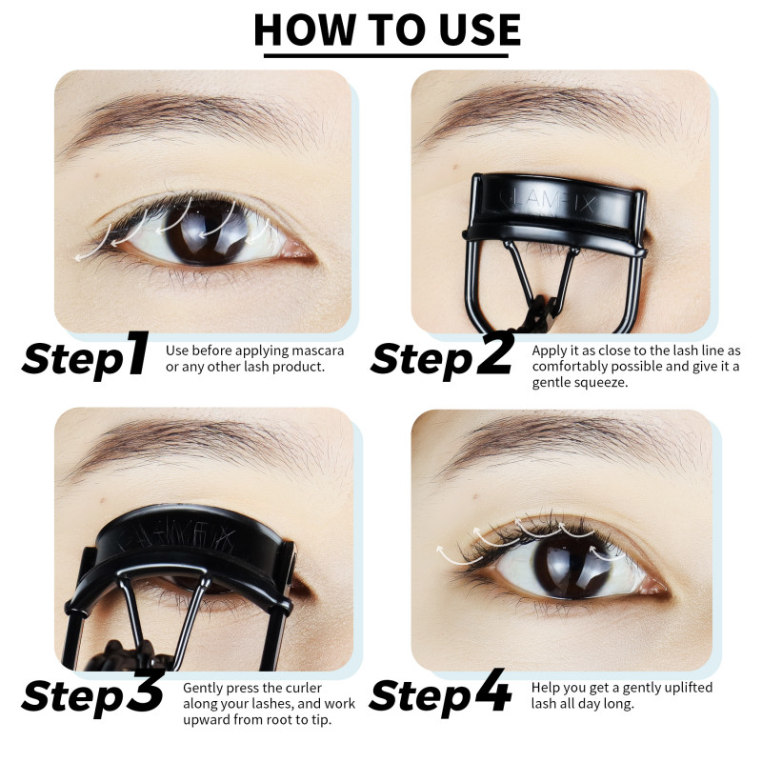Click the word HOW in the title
pos(304,30)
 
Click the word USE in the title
pos(479,30)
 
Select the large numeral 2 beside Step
pos(495,352)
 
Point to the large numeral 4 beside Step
pos(492,690)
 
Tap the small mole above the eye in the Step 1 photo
pos(98,174)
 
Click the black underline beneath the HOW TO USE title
pos(386,55)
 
